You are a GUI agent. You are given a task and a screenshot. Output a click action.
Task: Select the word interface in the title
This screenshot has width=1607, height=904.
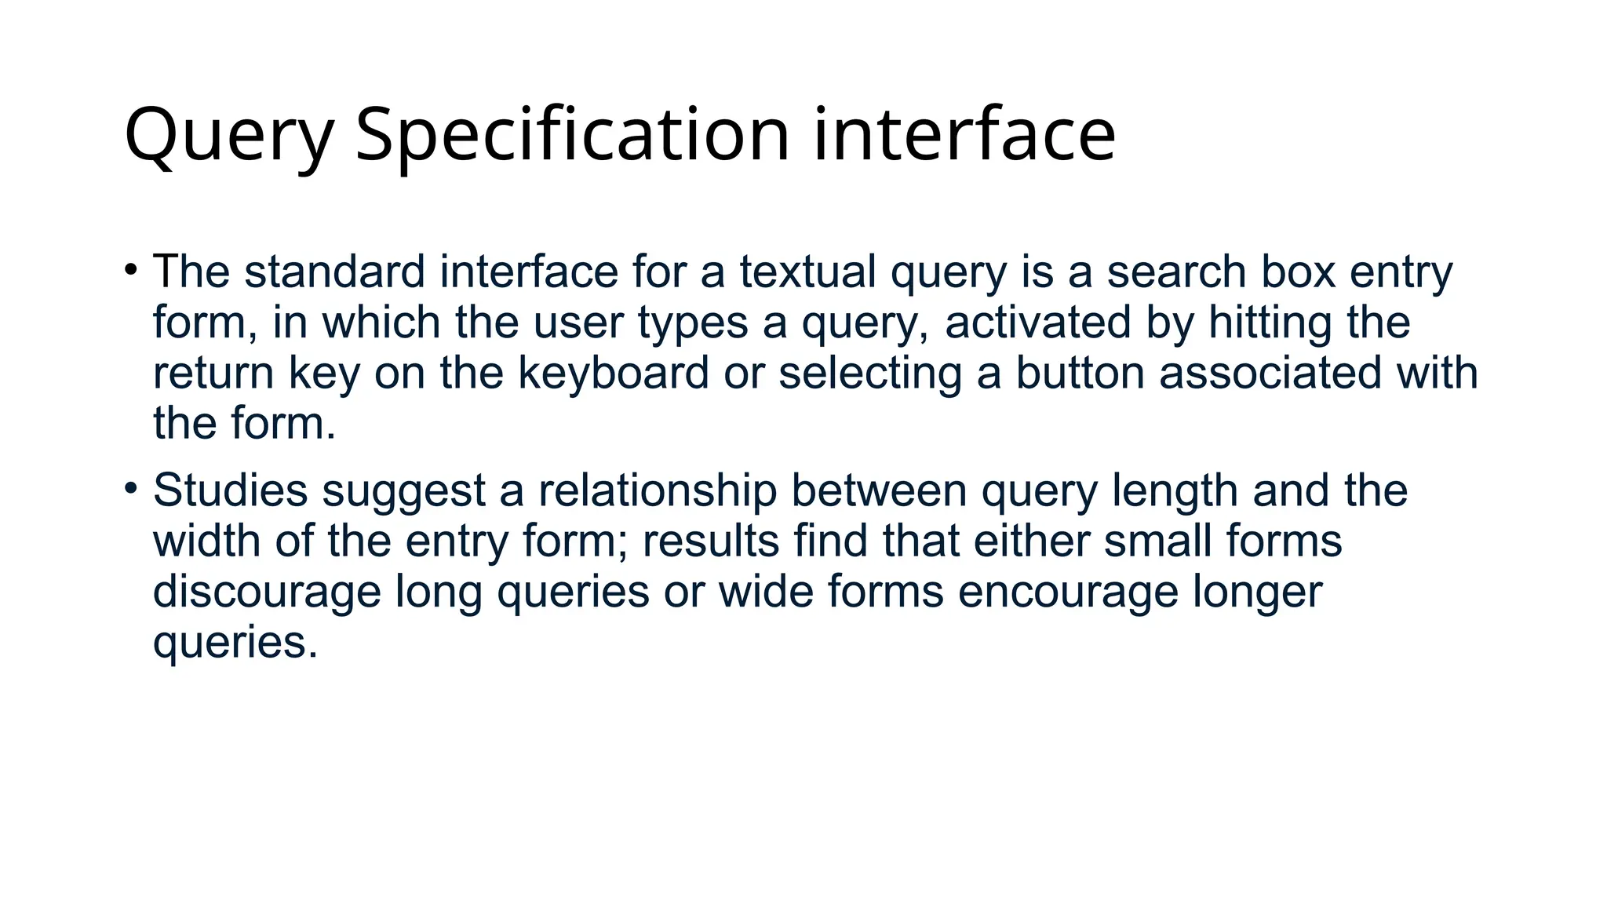[x=964, y=135]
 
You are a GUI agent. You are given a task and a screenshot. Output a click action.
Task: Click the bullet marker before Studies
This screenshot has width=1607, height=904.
[x=131, y=489]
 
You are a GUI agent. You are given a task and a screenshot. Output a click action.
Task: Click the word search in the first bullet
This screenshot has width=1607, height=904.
[x=1175, y=272]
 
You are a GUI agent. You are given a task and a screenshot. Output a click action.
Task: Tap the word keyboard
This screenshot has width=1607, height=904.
[x=613, y=373]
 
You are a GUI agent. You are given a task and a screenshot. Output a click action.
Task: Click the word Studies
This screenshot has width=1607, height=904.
[x=230, y=490]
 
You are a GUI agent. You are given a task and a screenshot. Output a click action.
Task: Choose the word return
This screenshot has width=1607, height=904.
[x=213, y=373]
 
